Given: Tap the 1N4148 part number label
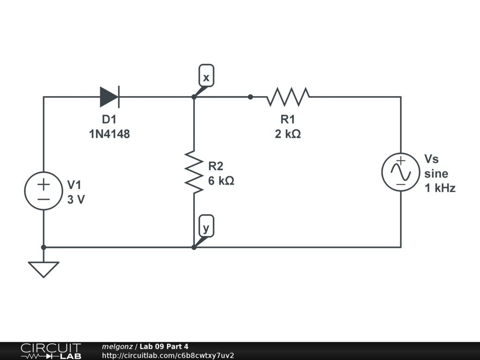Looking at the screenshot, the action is click(x=109, y=134).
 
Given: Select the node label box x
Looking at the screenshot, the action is click(x=206, y=75).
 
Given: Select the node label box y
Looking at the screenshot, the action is click(x=206, y=226).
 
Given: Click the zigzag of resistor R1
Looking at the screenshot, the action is click(x=288, y=97).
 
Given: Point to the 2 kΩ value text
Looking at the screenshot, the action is click(x=288, y=134).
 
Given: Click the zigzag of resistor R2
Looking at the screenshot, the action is click(x=194, y=172).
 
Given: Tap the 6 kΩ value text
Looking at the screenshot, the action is click(x=221, y=181).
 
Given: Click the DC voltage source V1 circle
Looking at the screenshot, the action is click(x=44, y=191).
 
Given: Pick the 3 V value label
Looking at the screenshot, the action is click(x=76, y=200).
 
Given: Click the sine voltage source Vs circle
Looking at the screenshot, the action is click(x=401, y=172).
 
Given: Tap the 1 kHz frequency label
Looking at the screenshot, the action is click(x=440, y=188).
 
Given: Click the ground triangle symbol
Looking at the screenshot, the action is click(x=44, y=270).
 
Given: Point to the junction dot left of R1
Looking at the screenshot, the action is click(x=250, y=97).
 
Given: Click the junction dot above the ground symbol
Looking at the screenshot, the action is click(x=44, y=247).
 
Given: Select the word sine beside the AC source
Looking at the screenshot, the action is click(x=436, y=173).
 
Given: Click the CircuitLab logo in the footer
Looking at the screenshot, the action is click(x=51, y=351).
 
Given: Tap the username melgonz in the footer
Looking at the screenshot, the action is click(x=117, y=346).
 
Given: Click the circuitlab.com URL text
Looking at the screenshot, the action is click(x=168, y=355).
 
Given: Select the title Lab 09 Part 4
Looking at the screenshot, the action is click(x=164, y=346).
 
